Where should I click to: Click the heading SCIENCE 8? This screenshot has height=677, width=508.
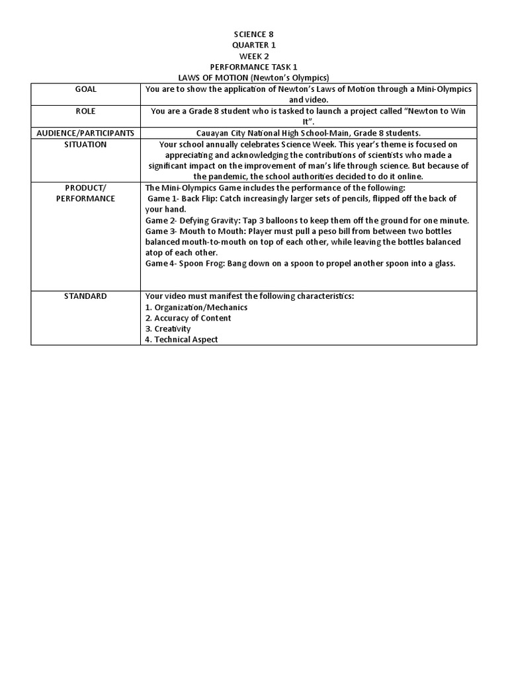(x=254, y=34)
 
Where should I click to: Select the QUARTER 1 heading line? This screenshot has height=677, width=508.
(x=254, y=45)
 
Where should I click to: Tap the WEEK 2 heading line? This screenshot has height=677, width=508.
(x=254, y=56)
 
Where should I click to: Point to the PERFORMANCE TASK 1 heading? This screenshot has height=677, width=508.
(x=254, y=67)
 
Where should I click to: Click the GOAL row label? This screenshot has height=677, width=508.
(x=85, y=89)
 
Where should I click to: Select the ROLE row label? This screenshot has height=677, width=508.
(x=85, y=111)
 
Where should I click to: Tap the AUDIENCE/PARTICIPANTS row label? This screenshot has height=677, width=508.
(x=85, y=133)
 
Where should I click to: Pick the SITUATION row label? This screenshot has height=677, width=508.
(x=85, y=144)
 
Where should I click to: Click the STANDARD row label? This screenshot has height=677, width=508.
(x=85, y=296)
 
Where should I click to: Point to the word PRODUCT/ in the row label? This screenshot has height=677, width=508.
(x=85, y=188)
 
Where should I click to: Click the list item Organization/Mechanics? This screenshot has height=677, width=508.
(x=196, y=307)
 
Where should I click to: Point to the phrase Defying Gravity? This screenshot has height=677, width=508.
(x=206, y=220)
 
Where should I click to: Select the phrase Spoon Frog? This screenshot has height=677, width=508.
(x=202, y=263)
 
